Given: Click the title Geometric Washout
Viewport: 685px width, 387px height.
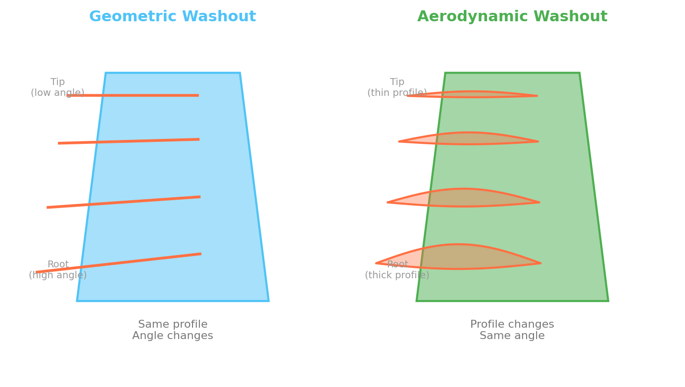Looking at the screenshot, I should [x=172, y=16].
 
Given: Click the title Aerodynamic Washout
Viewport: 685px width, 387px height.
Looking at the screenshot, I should [x=512, y=16].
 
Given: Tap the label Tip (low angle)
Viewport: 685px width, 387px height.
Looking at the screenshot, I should [x=57, y=87].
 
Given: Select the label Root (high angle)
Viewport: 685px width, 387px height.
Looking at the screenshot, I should [x=57, y=269].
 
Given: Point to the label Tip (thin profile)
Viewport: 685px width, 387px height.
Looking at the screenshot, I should [x=397, y=87].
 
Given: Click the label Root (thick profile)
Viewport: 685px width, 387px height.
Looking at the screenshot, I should [x=397, y=269].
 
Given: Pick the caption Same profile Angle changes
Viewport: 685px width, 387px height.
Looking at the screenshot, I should [x=172, y=330].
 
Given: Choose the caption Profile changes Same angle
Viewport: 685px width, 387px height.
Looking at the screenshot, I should [x=512, y=330].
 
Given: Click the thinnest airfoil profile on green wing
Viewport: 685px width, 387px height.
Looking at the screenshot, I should [x=473, y=94].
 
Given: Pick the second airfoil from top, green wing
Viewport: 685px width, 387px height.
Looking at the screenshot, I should [x=468, y=138].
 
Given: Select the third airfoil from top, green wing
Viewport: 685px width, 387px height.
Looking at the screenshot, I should [x=463, y=198].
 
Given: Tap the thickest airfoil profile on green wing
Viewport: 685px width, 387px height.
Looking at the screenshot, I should [x=458, y=257].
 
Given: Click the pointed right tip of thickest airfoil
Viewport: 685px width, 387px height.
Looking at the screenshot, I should [x=540, y=263].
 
